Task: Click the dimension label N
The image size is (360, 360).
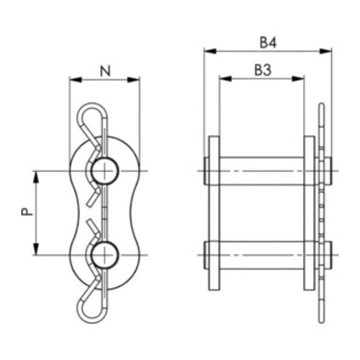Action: pyautogui.click(x=105, y=71)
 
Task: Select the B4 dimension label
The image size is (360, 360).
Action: pyautogui.click(x=268, y=43)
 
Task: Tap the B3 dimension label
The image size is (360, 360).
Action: pyautogui.click(x=263, y=70)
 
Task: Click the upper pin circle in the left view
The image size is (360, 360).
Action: pyautogui.click(x=105, y=170)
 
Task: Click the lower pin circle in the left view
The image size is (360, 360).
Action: pyautogui.click(x=105, y=255)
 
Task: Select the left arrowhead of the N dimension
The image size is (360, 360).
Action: pyautogui.click(x=76, y=79)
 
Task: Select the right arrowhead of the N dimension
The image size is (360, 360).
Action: pyautogui.click(x=134, y=79)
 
